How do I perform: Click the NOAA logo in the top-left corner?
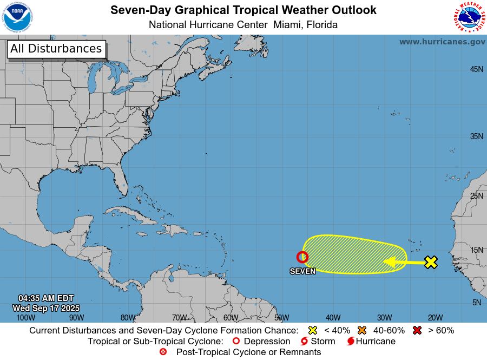pyautogui.click(x=18, y=17)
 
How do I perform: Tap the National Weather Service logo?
pyautogui.click(x=468, y=17)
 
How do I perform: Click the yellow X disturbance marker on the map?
pyautogui.click(x=431, y=263)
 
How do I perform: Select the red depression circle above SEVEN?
pyautogui.click(x=302, y=257)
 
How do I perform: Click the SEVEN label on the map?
pyautogui.click(x=302, y=271)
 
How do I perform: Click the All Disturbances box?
pyautogui.click(x=56, y=49)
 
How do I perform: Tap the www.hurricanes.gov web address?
pyautogui.click(x=442, y=42)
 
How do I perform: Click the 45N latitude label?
pyautogui.click(x=476, y=69)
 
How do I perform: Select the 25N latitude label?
pyautogui.click(x=476, y=195)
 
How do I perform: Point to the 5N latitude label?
pyautogui.click(x=476, y=303)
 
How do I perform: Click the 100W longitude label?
pyautogui.click(x=25, y=318)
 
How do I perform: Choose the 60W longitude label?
pyautogui.click(x=231, y=318)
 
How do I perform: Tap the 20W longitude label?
pyautogui.click(x=436, y=318)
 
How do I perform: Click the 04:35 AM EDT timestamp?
pyautogui.click(x=46, y=298)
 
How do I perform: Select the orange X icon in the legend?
pyautogui.click(x=362, y=330)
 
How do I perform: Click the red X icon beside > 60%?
pyautogui.click(x=417, y=330)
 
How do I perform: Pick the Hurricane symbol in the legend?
pyautogui.click(x=351, y=342)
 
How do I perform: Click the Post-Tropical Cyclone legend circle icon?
pyautogui.click(x=163, y=352)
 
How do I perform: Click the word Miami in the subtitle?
pyautogui.click(x=288, y=24)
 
